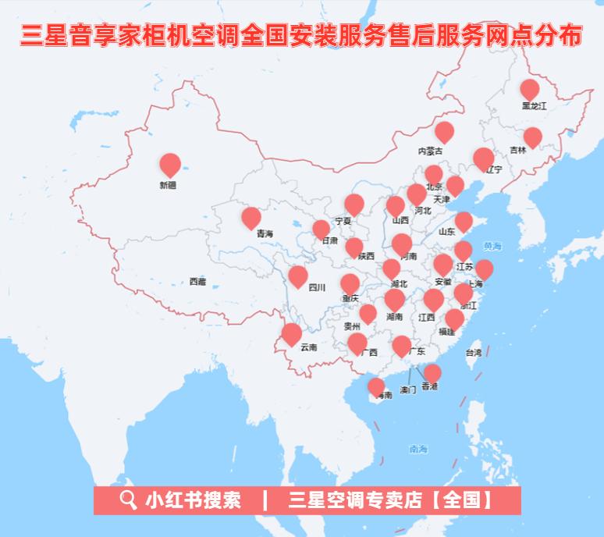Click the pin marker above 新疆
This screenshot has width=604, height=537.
170,164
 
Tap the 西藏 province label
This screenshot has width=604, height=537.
197,281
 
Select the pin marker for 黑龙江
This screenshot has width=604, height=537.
530,89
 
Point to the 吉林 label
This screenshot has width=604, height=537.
518,150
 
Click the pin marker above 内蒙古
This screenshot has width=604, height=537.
444,131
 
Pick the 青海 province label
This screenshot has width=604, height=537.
265,233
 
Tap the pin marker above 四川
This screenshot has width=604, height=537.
297,276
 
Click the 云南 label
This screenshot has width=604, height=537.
308,347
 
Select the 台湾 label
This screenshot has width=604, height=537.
474,353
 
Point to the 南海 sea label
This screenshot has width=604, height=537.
418,450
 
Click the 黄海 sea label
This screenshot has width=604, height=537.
492,247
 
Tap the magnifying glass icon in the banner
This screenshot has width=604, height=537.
128,500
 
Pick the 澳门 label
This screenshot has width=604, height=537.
407,389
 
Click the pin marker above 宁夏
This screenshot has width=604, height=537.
354,204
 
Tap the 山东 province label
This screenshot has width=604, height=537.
446,231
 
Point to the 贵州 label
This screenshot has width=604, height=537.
352,326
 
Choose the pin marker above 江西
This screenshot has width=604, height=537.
433,299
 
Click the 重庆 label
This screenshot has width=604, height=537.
350,298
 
